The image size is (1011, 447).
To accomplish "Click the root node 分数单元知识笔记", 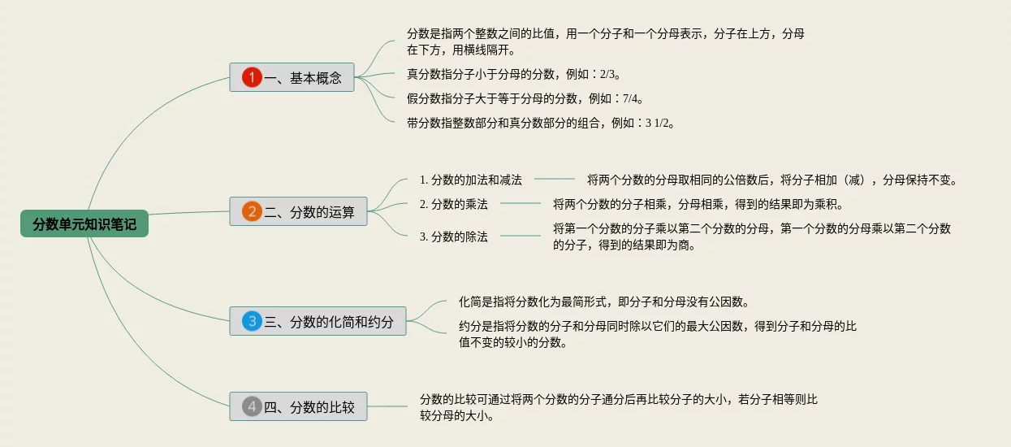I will (x=84, y=223).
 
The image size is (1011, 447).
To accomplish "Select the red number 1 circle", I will (x=252, y=78).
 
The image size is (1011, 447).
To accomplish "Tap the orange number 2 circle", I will (x=252, y=212).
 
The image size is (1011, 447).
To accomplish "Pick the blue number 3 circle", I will (x=252, y=322).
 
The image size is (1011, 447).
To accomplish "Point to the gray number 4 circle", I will (x=252, y=406).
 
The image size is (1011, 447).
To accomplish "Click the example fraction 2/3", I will (x=608, y=75).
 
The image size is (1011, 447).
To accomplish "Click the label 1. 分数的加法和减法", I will (x=470, y=180).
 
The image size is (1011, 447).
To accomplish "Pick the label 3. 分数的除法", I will (x=453, y=237).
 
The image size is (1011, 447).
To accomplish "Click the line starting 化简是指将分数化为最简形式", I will (x=603, y=302).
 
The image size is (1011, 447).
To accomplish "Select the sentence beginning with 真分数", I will (x=513, y=75).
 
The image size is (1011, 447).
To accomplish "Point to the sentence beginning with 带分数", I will (x=540, y=124).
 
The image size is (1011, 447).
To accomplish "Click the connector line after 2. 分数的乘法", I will (x=521, y=204).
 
